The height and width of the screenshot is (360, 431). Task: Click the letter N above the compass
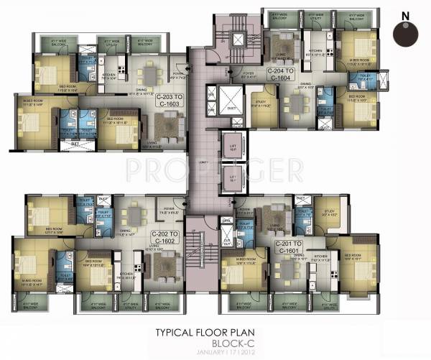pyautogui.click(x=405, y=14)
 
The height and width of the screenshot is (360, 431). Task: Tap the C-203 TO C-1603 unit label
pyautogui.click(x=171, y=100)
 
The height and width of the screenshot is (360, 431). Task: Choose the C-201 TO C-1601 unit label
pyautogui.click(x=289, y=247)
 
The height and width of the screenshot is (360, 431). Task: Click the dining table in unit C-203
pyautogui.click(x=148, y=75)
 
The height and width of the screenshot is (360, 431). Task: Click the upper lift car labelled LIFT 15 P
pyautogui.click(x=231, y=143)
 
